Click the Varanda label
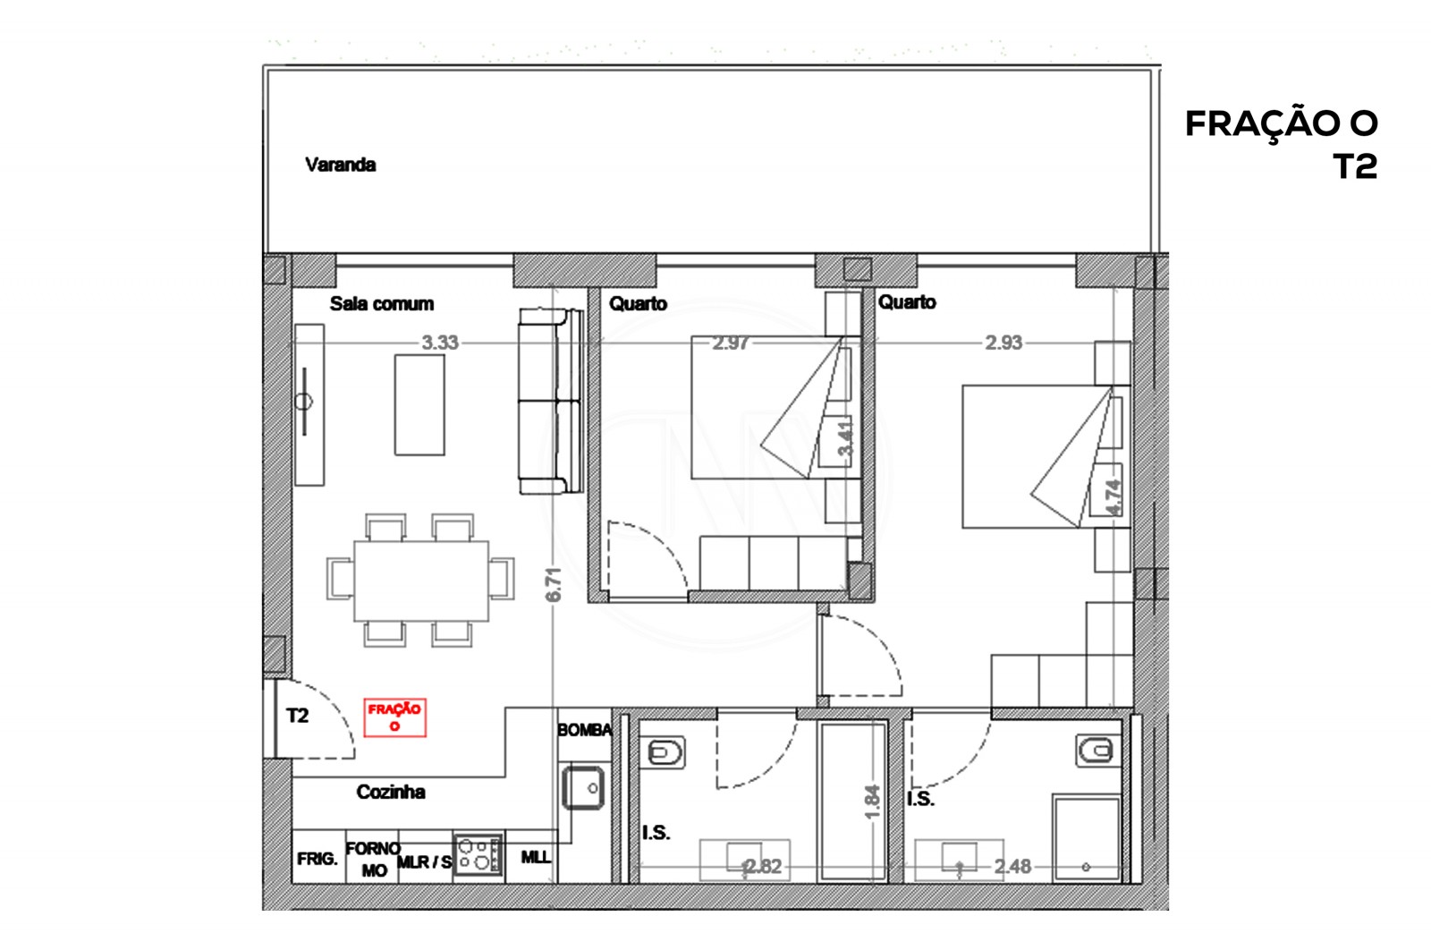340,165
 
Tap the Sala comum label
381,303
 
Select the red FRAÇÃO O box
394,717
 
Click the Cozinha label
390,792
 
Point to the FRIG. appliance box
318,859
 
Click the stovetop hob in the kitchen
478,854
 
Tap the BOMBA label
584,730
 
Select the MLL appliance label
536,857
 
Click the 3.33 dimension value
440,343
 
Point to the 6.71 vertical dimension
554,584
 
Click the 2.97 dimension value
730,343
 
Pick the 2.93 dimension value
1003,343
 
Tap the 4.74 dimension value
1113,497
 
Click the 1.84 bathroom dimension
873,802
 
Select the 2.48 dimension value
1012,866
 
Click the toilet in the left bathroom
664,753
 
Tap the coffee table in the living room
419,404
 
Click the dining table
421,581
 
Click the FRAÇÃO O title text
1281,123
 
